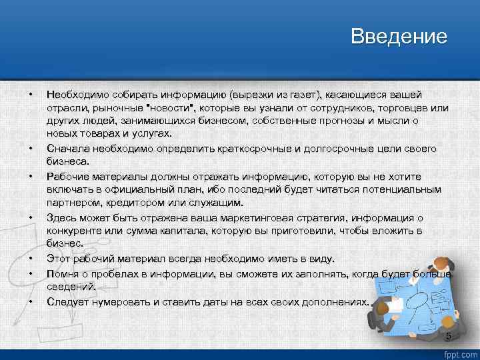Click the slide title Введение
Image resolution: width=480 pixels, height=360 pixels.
click(x=399, y=36)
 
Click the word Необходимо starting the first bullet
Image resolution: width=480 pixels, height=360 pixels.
click(x=75, y=96)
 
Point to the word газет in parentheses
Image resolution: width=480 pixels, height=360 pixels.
click(x=307, y=96)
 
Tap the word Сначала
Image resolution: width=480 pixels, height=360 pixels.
click(x=67, y=148)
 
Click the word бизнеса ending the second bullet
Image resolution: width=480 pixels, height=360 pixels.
click(x=66, y=161)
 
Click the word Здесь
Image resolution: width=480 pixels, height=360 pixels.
click(x=61, y=218)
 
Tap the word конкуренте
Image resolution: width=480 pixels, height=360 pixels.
click(x=75, y=231)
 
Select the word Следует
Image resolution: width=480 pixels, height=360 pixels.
click(x=66, y=302)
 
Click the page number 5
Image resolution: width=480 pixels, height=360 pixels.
click(x=448, y=336)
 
